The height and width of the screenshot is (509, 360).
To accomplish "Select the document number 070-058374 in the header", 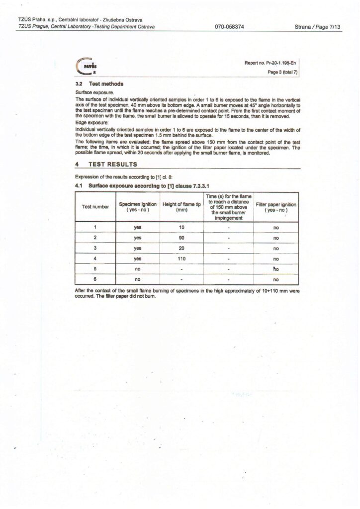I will point(229,27).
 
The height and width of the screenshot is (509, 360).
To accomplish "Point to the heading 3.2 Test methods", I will point(99,85).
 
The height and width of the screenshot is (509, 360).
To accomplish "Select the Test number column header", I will point(95,206).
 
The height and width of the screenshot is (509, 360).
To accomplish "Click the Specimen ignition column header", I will point(138,206).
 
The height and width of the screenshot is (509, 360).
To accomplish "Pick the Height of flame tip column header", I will point(181,206).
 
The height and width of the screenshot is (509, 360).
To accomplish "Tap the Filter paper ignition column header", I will point(276,206).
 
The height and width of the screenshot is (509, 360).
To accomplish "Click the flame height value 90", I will point(181,238).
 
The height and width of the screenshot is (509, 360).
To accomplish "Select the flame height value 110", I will point(181,258).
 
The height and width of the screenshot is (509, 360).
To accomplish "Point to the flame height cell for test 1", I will point(181,227).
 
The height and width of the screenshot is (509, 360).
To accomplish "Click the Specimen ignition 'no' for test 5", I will point(138,269).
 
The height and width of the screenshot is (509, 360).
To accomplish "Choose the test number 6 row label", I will point(95,280).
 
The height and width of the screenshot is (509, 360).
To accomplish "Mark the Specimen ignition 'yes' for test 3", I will point(138,248).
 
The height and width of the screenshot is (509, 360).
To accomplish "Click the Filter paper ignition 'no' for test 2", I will point(276,238).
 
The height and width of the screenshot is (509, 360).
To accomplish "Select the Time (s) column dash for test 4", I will point(228,258).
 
